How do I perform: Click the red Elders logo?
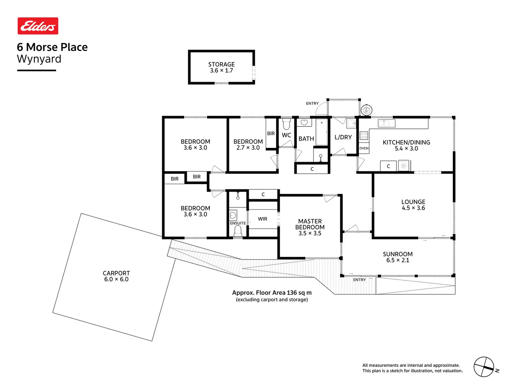tap(38, 26)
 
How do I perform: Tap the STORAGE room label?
tap(221, 64)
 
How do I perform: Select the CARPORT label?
tap(116, 273)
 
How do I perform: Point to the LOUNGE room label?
tap(413, 202)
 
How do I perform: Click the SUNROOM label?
tap(397, 254)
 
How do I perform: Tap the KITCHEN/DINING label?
tap(406, 142)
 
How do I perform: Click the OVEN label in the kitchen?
tap(364, 148)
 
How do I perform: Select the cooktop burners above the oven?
tap(364, 135)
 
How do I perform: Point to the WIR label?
tap(263, 219)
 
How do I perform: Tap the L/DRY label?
tap(343, 137)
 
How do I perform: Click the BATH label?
tap(306, 139)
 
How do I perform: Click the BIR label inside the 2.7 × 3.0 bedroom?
tap(271, 134)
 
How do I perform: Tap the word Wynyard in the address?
tap(39, 59)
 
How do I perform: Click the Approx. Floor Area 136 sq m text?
tap(272, 293)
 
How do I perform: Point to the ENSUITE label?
tap(238, 223)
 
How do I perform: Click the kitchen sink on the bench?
tap(387, 123)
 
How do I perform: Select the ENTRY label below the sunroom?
tap(359, 280)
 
